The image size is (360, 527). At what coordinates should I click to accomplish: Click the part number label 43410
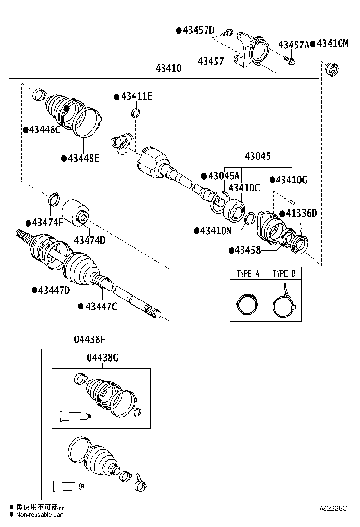tap(169, 68)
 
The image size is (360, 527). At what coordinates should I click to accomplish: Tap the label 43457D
tap(198, 30)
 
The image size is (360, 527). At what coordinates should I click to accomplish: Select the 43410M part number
tap(333, 43)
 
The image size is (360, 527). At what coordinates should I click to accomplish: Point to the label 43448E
tap(83, 158)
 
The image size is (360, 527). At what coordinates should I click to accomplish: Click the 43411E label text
tap(137, 96)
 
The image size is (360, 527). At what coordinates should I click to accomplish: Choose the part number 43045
tap(258, 156)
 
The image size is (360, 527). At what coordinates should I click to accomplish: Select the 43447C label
tap(101, 307)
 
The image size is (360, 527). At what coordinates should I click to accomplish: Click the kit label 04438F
tap(90, 339)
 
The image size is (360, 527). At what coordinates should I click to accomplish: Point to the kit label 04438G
tap(102, 358)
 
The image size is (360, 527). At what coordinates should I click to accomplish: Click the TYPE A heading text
tap(248, 273)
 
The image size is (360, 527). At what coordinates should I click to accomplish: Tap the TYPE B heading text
tap(284, 273)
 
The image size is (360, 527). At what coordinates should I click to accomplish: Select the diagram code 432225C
tap(333, 508)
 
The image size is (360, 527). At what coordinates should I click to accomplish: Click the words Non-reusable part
tap(40, 515)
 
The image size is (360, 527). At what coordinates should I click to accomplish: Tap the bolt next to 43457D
tap(227, 33)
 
